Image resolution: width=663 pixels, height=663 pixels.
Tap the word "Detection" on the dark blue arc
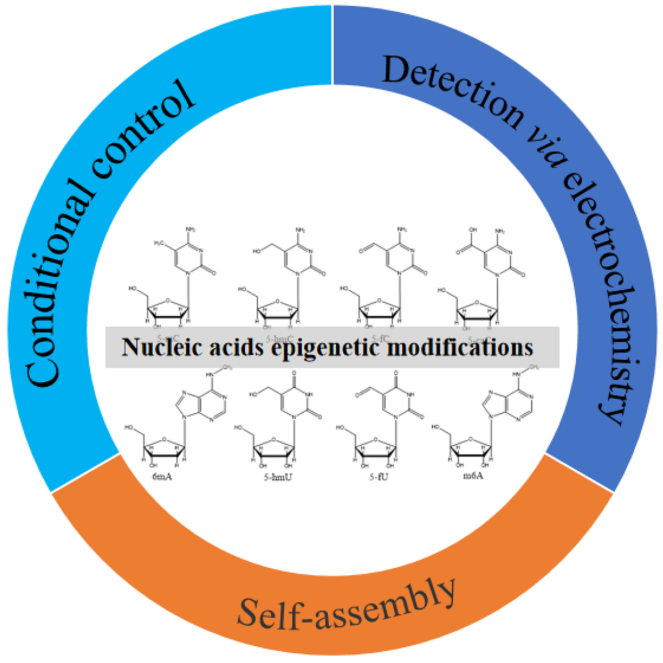452,91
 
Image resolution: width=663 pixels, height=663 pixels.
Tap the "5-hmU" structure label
278,477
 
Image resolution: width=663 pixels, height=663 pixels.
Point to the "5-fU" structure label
379,477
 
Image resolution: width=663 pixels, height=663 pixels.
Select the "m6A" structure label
473,476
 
